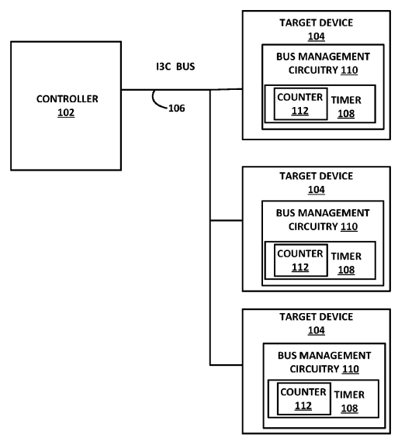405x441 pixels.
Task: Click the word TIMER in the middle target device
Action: (348, 255)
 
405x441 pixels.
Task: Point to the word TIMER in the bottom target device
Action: (349, 394)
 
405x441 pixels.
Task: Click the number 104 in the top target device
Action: (317, 36)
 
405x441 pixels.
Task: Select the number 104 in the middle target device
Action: (317, 189)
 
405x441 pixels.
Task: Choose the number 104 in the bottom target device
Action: (317, 330)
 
